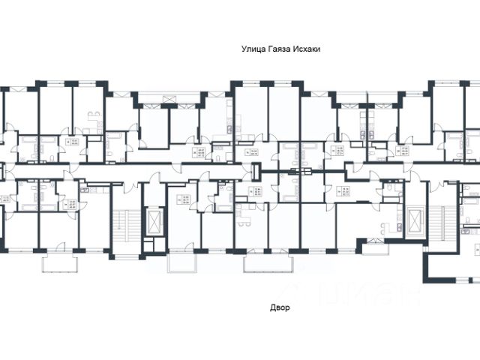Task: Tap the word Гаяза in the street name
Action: [x=282, y=47]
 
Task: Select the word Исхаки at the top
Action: [x=315, y=47]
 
